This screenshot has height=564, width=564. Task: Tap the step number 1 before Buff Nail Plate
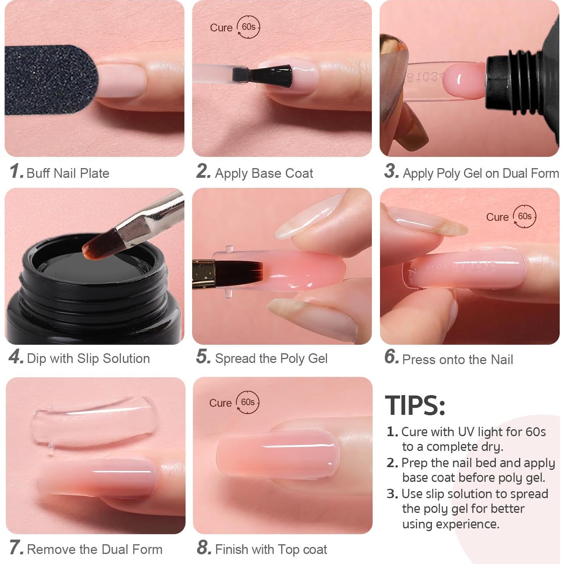16,171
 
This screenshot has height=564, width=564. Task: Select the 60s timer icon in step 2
248,27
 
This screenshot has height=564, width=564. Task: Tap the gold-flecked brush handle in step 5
204,274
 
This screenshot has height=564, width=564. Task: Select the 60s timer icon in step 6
524,216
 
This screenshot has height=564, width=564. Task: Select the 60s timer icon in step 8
248,402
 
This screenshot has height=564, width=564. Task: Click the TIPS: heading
415,405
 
